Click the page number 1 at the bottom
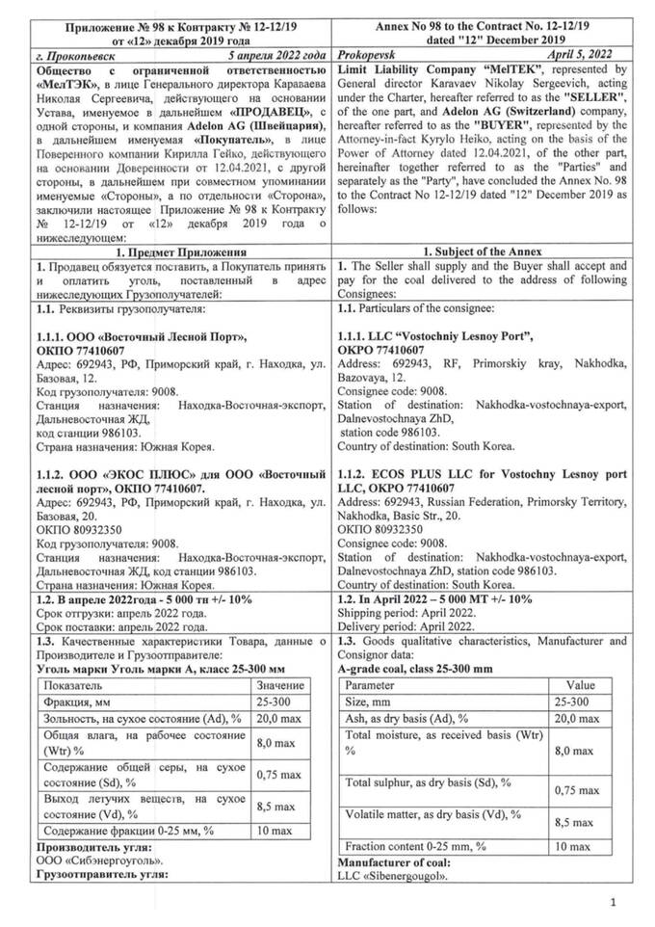[x=613, y=902]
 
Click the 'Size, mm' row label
[x=372, y=702]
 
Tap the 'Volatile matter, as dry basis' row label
[x=428, y=814]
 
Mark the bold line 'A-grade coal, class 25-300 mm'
[x=416, y=669]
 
